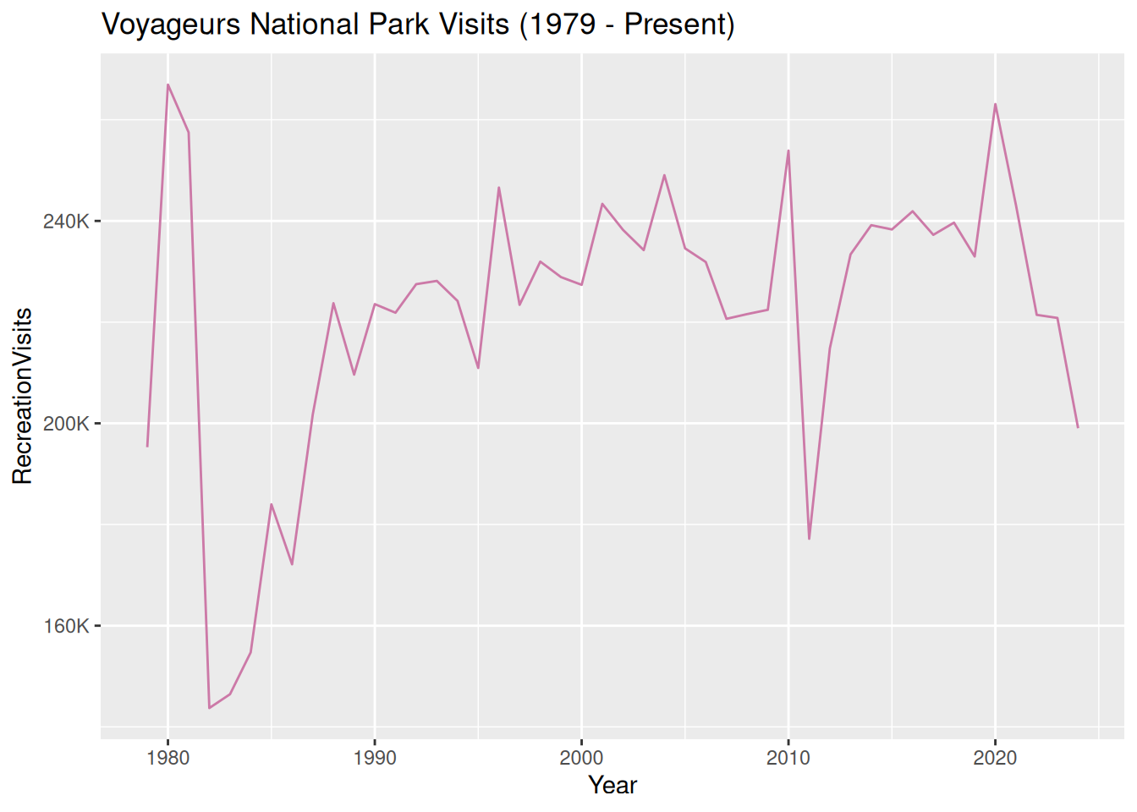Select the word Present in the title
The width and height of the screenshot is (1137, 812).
pos(674,25)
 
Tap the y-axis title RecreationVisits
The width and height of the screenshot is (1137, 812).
pos(23,396)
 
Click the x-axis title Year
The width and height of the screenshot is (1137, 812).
pos(612,785)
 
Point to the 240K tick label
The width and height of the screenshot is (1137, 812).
pos(66,222)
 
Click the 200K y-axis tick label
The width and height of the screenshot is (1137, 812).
pos(66,424)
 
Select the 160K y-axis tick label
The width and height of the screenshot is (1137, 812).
pos(66,626)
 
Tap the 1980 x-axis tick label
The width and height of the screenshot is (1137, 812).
pos(168,758)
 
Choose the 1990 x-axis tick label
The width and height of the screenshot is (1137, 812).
pos(375,758)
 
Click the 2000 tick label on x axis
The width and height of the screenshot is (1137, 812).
pos(581,758)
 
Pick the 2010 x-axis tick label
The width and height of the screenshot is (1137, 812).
pos(788,758)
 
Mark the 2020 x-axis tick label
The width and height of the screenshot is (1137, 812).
pos(995,758)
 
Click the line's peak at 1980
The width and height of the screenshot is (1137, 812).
pos(168,85)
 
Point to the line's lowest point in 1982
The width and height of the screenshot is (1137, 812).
pos(209,708)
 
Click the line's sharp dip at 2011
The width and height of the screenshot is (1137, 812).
pos(809,539)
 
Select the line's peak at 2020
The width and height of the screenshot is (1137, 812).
pos(995,104)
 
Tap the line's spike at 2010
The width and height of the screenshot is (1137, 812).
pos(788,151)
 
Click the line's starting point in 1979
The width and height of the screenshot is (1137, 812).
pos(147,446)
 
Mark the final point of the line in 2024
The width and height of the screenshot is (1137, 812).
pos(1078,427)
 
